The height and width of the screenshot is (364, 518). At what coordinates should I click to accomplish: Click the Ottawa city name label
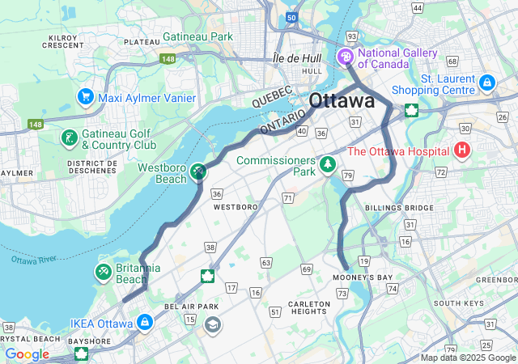(x=342, y=101)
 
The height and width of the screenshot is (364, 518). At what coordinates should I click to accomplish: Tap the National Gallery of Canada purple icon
(x=346, y=57)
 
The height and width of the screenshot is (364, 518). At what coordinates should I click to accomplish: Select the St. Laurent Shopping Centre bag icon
(x=486, y=82)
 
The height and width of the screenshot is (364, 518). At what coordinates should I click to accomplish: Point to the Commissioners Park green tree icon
(x=328, y=165)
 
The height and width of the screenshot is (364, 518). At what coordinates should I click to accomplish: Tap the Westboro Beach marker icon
(x=198, y=170)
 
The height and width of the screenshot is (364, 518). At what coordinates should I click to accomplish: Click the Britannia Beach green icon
(x=104, y=271)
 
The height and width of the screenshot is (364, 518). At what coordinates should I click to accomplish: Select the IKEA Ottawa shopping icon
(x=145, y=322)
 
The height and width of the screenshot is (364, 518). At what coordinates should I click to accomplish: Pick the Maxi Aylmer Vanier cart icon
(x=85, y=97)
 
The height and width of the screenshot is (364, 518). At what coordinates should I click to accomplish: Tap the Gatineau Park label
(x=197, y=36)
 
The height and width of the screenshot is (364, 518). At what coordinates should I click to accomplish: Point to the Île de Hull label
(x=298, y=58)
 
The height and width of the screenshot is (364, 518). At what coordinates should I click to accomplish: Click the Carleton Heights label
(x=308, y=307)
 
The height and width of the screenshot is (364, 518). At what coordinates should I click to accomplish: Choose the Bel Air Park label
(x=192, y=307)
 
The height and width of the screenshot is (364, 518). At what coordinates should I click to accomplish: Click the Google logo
(x=27, y=354)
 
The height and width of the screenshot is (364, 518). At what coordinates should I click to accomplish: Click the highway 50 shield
(x=291, y=17)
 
